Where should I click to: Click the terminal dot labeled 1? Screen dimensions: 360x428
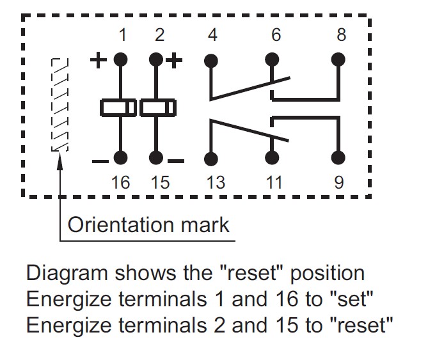120,61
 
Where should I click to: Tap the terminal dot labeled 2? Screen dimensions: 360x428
155,61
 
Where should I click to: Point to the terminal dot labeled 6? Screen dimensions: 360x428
273,61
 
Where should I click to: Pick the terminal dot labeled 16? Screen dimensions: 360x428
120,158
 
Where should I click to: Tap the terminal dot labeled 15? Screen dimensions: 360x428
155,158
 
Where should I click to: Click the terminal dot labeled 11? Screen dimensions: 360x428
273,158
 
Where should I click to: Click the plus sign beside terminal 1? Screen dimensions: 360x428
98,61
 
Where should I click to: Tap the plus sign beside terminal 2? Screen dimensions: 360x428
175,61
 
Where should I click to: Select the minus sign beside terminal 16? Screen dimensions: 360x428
99,160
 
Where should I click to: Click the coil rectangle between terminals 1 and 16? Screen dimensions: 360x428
118,107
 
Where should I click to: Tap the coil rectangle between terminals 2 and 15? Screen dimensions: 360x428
157,107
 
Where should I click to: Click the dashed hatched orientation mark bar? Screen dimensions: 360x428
59,105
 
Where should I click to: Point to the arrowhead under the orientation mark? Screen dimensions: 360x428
59,157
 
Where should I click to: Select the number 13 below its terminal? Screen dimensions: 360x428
216,183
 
